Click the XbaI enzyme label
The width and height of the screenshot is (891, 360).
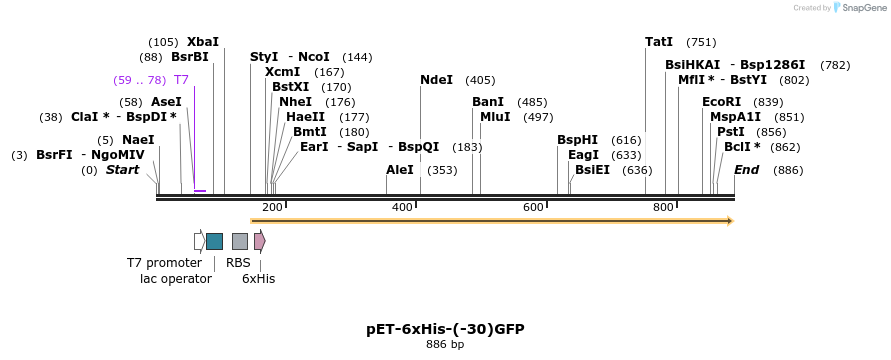point(202,42)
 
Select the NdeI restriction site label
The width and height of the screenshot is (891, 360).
point(436,80)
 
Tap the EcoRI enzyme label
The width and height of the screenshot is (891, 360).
point(722,102)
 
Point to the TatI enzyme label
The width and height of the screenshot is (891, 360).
point(659,42)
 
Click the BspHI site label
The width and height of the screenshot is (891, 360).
point(577,140)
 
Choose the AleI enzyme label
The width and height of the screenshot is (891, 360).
point(400,170)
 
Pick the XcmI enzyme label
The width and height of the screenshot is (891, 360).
point(282,72)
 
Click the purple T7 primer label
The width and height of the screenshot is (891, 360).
point(181,80)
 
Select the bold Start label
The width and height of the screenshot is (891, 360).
point(122,170)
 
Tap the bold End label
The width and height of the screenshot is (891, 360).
point(746,170)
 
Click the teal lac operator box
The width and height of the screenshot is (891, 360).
point(214,241)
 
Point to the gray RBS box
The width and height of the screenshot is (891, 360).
point(240,241)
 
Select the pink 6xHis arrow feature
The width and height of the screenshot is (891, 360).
point(260,241)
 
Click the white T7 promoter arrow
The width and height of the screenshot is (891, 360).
point(199,241)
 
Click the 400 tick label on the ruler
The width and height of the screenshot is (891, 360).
point(402,207)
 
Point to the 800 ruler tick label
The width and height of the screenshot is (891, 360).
point(663,207)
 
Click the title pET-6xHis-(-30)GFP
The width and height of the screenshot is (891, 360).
point(445,328)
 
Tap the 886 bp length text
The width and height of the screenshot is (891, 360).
point(445,345)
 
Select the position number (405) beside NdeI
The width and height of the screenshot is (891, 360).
point(480,80)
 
